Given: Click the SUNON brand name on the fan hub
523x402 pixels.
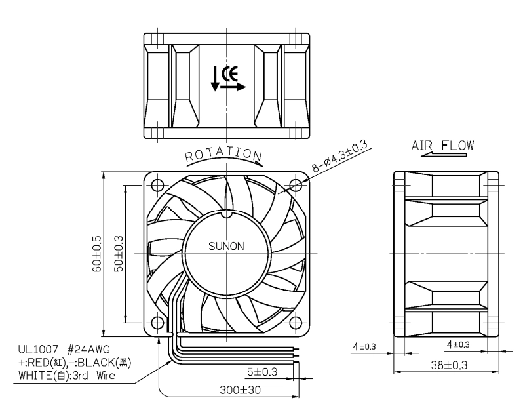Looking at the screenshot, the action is tap(226, 246).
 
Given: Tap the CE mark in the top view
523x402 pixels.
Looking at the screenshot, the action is tap(229, 74).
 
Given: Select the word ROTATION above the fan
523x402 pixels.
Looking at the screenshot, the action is tap(223, 154).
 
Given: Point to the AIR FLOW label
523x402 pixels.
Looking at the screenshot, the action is tap(442, 146).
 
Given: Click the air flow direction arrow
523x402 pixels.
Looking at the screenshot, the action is tap(444, 155).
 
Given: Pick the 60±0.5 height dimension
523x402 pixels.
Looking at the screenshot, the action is tap(97, 254).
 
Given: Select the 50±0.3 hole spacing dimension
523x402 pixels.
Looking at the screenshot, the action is tap(119, 254).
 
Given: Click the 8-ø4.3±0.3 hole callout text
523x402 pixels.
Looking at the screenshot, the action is tap(340, 156).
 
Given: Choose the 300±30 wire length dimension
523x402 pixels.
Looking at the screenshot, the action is tap(240, 390).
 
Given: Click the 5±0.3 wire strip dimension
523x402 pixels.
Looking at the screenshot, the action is tap(262, 372).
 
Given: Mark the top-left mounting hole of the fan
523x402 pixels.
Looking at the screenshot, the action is tap(157, 185).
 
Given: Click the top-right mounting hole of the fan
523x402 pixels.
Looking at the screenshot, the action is tap(295, 185).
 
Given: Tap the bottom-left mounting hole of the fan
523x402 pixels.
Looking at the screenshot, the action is tap(157, 323).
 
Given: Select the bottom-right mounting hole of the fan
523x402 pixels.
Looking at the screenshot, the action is tap(295, 323).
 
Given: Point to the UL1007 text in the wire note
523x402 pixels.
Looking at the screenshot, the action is tap(38, 350).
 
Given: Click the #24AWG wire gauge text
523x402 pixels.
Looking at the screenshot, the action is tap(88, 350).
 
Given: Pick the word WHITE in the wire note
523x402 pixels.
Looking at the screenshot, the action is tap(35, 376).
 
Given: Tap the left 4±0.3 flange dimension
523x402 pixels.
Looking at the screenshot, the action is tap(364, 346).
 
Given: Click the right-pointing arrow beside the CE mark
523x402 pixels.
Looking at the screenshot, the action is tap(233, 87).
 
